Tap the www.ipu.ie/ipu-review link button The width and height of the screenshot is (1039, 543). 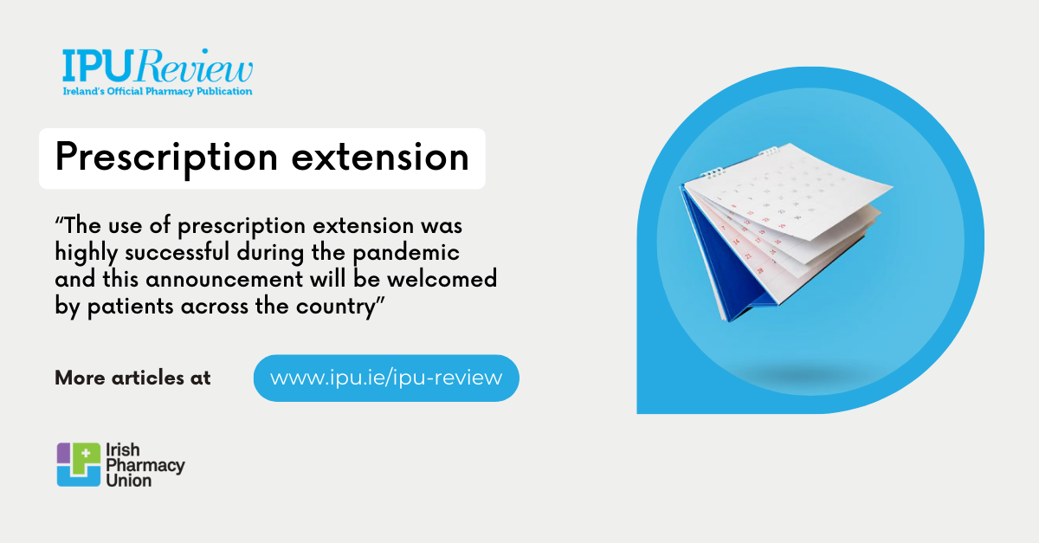point(386,378)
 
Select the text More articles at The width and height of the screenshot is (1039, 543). point(132,378)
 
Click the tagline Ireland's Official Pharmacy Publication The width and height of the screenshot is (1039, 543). point(157,91)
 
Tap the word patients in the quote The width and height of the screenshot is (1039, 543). point(127,308)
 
